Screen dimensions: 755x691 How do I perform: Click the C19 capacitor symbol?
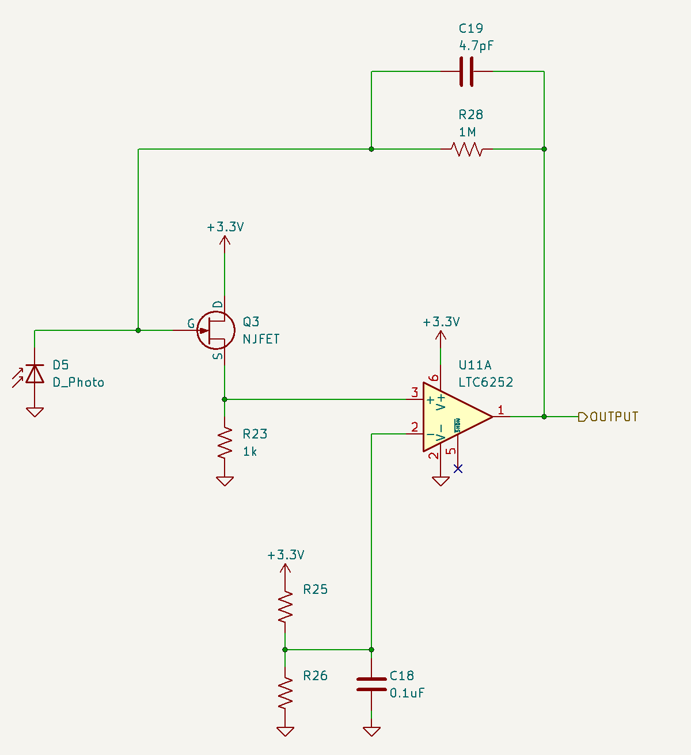pos(466,71)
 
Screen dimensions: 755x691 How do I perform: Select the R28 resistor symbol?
pos(466,150)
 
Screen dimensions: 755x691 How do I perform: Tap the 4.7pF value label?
pos(476,46)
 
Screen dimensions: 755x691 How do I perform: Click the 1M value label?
pos(467,132)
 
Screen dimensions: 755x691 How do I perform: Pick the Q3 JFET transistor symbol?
pos(216,330)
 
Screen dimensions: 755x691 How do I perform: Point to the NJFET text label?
pos(261,340)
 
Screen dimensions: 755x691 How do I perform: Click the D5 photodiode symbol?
pos(35,374)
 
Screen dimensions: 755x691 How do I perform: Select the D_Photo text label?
pos(78,383)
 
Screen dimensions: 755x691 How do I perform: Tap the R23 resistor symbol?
pos(225,443)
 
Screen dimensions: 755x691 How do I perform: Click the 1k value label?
pos(250,452)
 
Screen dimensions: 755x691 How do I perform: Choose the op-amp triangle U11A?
pos(455,417)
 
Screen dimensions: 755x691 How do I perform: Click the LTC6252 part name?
pos(485,383)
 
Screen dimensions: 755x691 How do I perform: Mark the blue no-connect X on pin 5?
pos(458,468)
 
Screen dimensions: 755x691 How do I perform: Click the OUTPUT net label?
pos(614,417)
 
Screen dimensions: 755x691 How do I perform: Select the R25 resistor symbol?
pos(285,607)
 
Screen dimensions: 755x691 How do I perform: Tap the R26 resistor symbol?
pos(285,693)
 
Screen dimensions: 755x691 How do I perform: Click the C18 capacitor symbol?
pos(371,684)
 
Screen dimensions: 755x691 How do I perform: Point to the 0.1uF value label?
pos(407,693)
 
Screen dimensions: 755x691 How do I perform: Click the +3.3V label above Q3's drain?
pos(225,227)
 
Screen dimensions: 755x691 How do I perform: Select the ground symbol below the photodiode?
pos(35,411)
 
